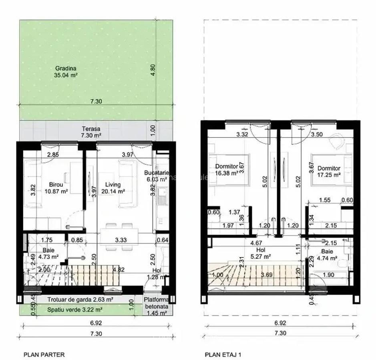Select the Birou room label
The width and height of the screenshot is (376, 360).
click(x=56, y=188)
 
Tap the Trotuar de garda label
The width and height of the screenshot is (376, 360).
click(x=80, y=299)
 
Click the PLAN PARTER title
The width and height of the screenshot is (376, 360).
click(x=44, y=354)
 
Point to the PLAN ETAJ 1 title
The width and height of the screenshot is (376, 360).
click(x=223, y=354)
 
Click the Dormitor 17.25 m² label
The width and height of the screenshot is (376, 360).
click(x=329, y=172)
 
